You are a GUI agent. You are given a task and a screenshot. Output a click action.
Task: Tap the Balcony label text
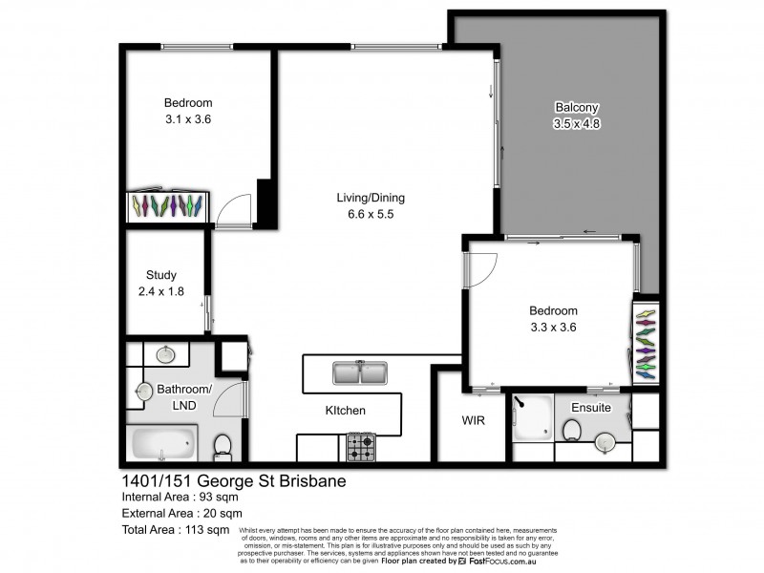pos(576,108)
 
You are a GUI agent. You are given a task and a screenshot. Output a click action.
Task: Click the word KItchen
pos(345,411)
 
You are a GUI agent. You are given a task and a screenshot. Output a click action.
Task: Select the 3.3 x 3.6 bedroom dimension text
pos(554,328)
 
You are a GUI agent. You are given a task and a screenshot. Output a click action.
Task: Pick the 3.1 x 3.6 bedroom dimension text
pos(187,119)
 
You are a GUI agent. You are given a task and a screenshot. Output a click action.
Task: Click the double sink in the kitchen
pos(360,372)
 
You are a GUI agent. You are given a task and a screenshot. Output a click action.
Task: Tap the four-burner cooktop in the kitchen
pos(360,445)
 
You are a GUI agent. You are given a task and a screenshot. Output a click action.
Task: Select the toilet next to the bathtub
pos(222,445)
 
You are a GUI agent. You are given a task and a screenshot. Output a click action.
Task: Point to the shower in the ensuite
pos(530,418)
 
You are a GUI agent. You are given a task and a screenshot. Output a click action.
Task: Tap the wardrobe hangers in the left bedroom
pos(168,205)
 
